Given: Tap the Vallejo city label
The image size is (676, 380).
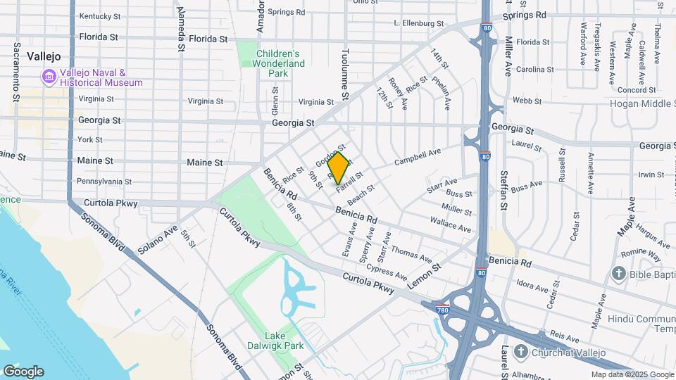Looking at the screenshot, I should coord(44,56).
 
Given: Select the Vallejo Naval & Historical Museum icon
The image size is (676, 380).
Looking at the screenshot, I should coord(49,76).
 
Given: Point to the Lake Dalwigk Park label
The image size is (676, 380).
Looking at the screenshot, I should coord(275,341).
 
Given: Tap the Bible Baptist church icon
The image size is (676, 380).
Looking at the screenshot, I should coord(619,273).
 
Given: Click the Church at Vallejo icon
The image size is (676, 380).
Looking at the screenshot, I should coord(520,351).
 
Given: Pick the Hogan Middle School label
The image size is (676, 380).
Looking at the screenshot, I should coord(640,103).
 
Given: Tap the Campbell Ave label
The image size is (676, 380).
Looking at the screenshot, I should coord(417,156).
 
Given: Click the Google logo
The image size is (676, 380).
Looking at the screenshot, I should coord(23,372).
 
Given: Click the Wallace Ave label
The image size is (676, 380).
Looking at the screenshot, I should coord(451,225).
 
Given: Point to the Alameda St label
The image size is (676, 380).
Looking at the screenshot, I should coord(181,23).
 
